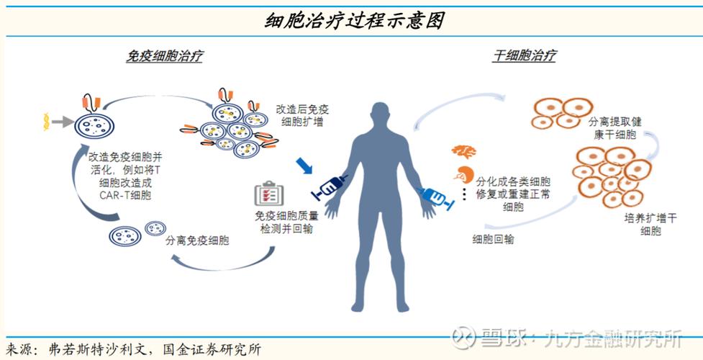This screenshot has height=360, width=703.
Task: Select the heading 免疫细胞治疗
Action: coord(163,56)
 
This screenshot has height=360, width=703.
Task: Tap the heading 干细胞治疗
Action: coord(524,56)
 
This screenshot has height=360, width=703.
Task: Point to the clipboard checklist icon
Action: coord(269,194)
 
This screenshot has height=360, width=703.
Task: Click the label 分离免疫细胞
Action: coord(197,240)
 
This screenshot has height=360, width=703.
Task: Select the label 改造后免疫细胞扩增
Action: coord(302,116)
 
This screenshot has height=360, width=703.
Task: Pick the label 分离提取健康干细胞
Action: coord(617,128)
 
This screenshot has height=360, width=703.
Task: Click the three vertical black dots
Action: coord(464,195)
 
